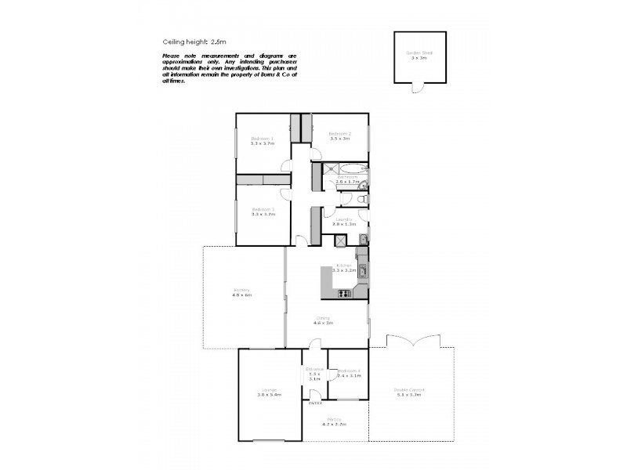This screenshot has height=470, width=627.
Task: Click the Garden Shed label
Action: coord(419,53)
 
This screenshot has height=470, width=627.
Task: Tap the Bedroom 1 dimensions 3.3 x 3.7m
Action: coord(263,143)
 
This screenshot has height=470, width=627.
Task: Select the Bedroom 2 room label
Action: coord(339,134)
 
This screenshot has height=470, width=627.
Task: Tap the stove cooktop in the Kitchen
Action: coord(343,294)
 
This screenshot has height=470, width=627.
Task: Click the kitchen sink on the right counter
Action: coord(362,273)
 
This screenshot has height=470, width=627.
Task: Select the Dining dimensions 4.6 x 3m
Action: coord(323,323)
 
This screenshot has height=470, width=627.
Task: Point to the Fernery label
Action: coord(241,291)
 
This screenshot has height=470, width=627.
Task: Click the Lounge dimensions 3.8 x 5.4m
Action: coord(269,395)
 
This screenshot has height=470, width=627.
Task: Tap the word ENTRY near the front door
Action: coord(316,403)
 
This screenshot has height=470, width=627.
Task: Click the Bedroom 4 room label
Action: coord(349,371)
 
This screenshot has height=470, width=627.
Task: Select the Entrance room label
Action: coord(314,369)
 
